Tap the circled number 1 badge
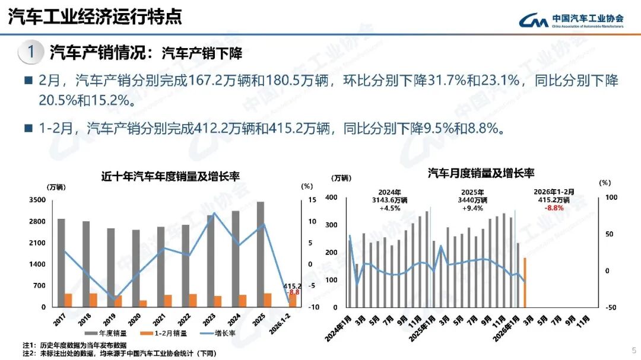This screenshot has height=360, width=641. click(30, 52)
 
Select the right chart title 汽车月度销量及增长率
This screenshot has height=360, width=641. click(481, 173)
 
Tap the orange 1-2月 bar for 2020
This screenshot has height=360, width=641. click(143, 303)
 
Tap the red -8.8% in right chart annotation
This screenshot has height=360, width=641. click(554, 208)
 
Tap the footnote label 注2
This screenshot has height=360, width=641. click(29, 353)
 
